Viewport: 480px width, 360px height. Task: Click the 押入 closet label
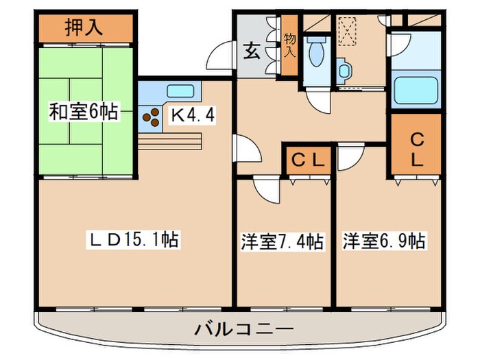coord(84,27)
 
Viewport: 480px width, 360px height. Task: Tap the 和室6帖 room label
coord(84,112)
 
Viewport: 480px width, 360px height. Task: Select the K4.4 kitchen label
coord(193,116)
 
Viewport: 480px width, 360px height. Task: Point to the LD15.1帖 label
coord(133,240)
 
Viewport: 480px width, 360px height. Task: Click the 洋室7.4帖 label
coord(282,241)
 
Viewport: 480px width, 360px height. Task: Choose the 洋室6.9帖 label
coord(384,241)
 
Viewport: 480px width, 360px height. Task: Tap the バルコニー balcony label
coord(244,330)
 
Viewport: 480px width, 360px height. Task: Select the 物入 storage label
coord(289,45)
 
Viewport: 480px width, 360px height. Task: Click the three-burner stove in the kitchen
coord(152,117)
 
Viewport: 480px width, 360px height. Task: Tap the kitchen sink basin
coord(180,91)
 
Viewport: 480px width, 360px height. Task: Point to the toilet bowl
coord(317,52)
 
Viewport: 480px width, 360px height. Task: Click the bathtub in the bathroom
coord(416,91)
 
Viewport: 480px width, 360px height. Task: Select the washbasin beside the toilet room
coord(344,71)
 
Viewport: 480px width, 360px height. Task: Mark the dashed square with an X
coord(347,32)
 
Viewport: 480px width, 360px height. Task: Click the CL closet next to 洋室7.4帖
coord(308,160)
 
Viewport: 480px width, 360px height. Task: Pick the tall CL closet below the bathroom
coord(416,145)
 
